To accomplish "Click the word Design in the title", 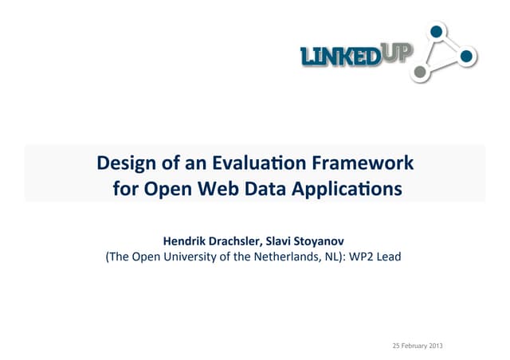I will pos(124,165).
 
